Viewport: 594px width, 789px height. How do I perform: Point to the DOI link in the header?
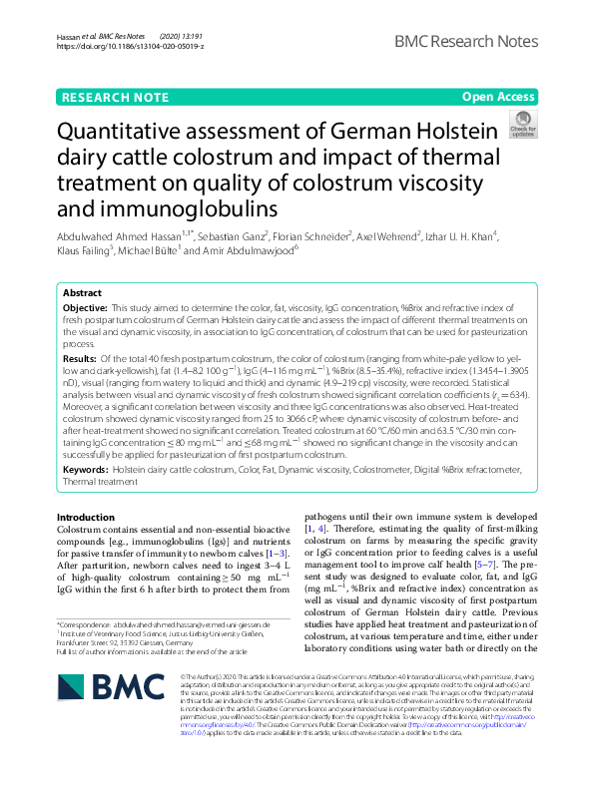(131, 46)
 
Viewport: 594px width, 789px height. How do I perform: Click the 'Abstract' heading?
(82, 293)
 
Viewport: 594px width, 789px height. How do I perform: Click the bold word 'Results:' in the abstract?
(80, 357)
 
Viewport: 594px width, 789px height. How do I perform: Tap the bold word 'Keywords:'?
(86, 468)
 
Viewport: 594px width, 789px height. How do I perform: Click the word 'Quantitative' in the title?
(130, 132)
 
